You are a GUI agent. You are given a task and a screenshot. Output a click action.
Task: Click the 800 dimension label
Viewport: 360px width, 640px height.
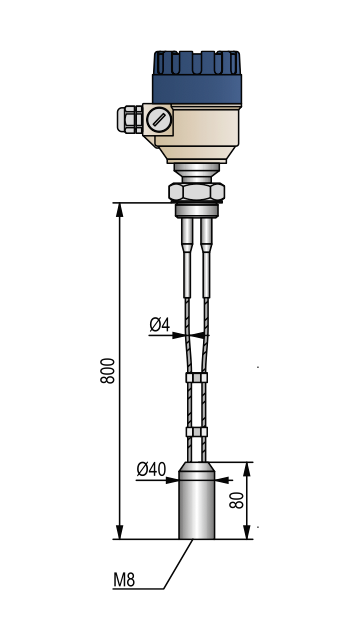coord(108,370)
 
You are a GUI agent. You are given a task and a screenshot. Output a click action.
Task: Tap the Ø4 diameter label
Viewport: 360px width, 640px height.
coord(159,325)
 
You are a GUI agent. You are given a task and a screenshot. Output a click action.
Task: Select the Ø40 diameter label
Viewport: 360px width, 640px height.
coord(151,469)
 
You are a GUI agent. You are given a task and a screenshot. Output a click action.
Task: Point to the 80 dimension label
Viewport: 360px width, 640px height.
coord(237,500)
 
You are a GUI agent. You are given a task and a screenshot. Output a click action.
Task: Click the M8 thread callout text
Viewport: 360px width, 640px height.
coord(124,580)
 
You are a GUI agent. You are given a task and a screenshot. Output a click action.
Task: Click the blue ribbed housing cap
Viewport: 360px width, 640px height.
coord(197,78)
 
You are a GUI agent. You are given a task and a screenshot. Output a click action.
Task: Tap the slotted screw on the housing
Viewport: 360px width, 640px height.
coord(159,119)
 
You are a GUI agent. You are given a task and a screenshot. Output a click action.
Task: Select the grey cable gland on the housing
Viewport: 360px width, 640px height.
coord(130,119)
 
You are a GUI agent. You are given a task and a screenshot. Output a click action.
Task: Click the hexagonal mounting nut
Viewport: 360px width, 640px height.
coord(196,191)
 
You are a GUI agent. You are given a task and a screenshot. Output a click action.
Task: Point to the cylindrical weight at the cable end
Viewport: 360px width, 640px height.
coord(197,500)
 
